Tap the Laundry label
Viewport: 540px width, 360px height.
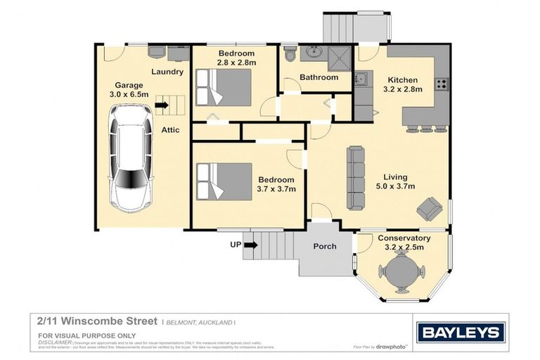point(167,72)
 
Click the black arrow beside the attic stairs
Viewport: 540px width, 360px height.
point(162,106)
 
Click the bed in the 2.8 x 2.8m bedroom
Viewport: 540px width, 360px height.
point(224,86)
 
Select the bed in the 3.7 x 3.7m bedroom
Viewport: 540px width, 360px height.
point(224,181)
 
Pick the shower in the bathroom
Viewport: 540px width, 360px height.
point(339,54)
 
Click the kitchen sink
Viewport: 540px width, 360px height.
point(361,79)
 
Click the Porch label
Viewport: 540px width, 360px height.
point(324,246)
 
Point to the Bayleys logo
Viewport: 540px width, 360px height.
point(460,332)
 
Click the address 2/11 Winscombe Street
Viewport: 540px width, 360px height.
point(98,320)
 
